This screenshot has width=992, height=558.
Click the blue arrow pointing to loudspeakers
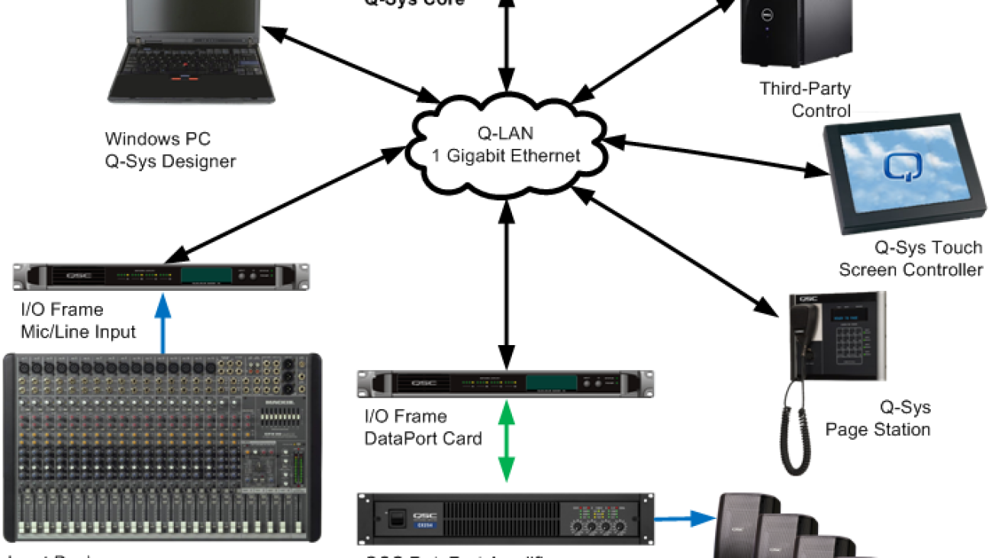684,518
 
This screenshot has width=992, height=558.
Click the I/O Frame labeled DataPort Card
505,382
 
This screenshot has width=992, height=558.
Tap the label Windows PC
156,140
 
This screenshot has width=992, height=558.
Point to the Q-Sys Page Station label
878,418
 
